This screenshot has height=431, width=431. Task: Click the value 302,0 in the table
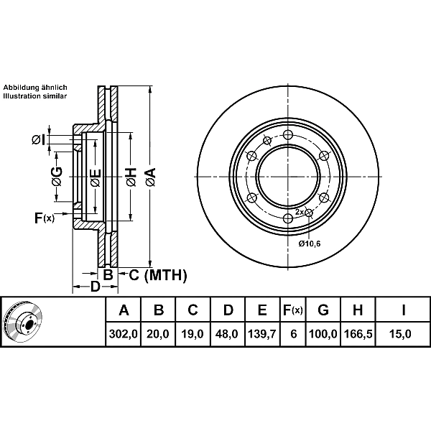pyautogui.click(x=123, y=334)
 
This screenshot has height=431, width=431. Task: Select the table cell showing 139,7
pyautogui.click(x=262, y=334)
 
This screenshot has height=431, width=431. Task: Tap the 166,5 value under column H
pyautogui.click(x=358, y=334)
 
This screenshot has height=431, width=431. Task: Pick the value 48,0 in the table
pyautogui.click(x=227, y=334)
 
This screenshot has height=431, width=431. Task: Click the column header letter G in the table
pyautogui.click(x=323, y=310)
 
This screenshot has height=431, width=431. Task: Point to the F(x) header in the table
pyautogui.click(x=293, y=310)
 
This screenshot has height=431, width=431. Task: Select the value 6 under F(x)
pyautogui.click(x=294, y=334)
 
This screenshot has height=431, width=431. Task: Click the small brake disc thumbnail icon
pyautogui.click(x=22, y=322)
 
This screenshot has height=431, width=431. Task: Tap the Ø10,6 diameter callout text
pyautogui.click(x=310, y=244)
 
